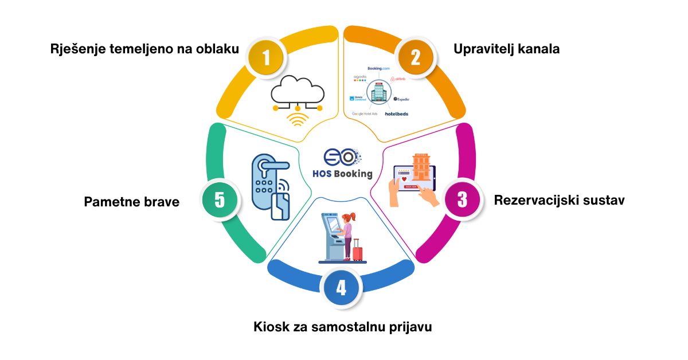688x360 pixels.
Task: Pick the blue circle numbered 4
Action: (x=341, y=287)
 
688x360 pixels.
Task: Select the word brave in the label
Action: (x=163, y=202)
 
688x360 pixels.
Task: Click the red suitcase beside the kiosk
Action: (x=358, y=251)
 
